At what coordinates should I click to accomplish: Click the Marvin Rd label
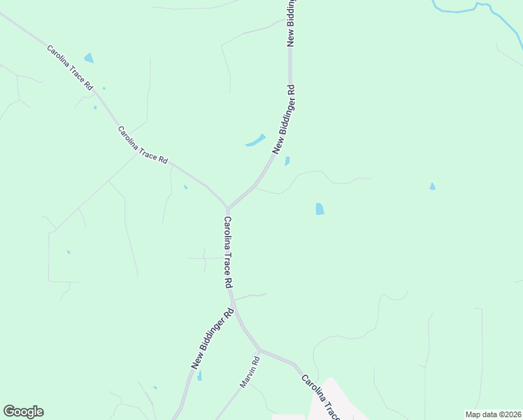click(250, 372)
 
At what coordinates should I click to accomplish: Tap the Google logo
click(23, 412)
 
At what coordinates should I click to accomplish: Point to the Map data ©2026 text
click(493, 414)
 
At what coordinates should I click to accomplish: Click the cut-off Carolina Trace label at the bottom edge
click(320, 396)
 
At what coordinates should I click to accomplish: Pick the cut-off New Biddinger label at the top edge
click(293, 22)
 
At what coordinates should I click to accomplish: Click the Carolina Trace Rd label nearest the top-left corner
click(70, 67)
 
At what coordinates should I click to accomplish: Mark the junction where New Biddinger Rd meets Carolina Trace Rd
click(228, 208)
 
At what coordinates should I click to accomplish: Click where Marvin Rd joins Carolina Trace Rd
click(259, 349)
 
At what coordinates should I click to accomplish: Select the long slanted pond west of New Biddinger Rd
click(256, 141)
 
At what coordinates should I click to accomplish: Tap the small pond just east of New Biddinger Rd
click(287, 162)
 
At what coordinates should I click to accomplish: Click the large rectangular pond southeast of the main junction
click(320, 209)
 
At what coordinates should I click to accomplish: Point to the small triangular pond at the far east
click(432, 187)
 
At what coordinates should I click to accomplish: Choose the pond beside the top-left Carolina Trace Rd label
click(89, 58)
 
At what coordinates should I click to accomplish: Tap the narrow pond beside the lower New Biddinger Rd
click(199, 376)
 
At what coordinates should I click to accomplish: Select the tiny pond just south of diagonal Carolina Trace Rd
click(185, 187)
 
